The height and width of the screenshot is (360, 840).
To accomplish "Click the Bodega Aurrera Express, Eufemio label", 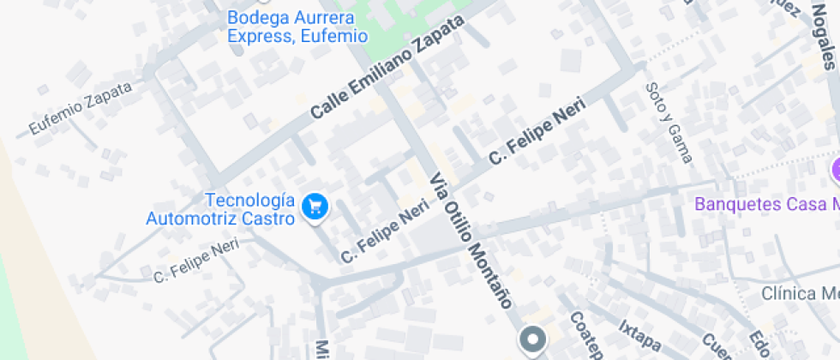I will pyautogui.click(x=297, y=27).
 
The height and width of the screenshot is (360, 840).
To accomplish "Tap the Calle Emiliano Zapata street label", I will pyautogui.click(x=391, y=68).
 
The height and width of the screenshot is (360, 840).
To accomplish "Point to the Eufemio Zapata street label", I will pyautogui.click(x=81, y=108).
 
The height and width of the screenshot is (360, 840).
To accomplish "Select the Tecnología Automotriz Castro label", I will pyautogui.click(x=220, y=209).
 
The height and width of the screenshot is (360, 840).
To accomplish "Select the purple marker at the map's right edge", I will pyautogui.click(x=835, y=171).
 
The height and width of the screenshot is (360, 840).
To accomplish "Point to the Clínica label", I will pyautogui.click(x=800, y=294).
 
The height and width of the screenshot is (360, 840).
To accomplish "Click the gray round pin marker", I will pyautogui.click(x=533, y=340).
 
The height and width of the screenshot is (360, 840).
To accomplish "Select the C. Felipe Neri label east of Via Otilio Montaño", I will pyautogui.click(x=537, y=130).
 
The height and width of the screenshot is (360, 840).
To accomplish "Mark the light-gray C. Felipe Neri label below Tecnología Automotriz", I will pyautogui.click(x=195, y=261).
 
